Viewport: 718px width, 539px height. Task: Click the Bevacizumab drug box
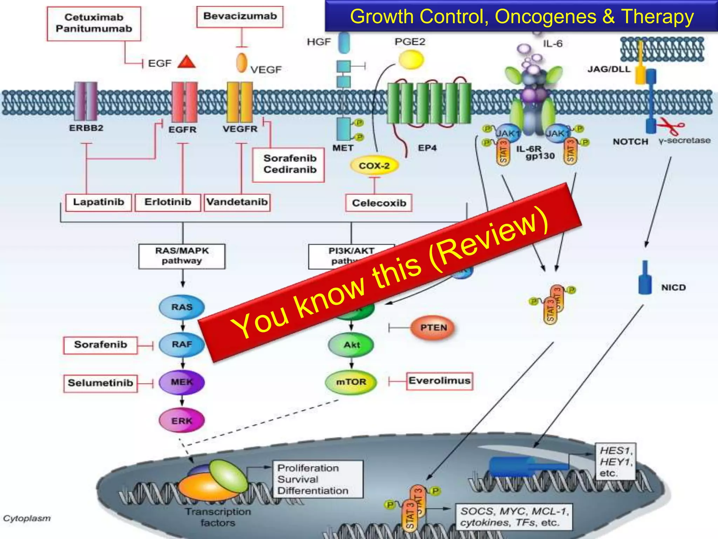[x=240, y=16]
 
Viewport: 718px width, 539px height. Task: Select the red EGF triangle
[x=186, y=62]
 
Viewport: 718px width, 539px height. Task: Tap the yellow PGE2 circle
[x=411, y=59]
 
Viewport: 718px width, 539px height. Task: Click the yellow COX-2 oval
[x=374, y=166]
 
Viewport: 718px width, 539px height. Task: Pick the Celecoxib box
[x=379, y=203]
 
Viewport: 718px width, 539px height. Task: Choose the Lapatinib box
[x=99, y=202]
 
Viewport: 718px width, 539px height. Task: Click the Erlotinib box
[x=168, y=202]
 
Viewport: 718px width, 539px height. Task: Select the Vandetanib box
[x=237, y=202]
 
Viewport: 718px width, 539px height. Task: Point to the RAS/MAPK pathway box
[x=182, y=256]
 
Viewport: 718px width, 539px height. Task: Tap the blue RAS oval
[x=182, y=307]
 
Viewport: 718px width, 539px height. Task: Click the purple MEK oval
[x=182, y=382]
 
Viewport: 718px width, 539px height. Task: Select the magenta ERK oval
[x=182, y=420]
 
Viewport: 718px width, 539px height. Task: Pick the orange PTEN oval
[x=434, y=328]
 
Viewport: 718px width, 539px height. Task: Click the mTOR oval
[x=351, y=382]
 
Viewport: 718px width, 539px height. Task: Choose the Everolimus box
[x=439, y=381]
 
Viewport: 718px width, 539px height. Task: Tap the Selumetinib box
[x=100, y=383]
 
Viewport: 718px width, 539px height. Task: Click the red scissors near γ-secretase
[x=670, y=126]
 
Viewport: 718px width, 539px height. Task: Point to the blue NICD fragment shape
[x=645, y=283]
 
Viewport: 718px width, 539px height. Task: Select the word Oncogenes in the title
[x=546, y=16]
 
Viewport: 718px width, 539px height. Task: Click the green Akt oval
[x=351, y=345]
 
